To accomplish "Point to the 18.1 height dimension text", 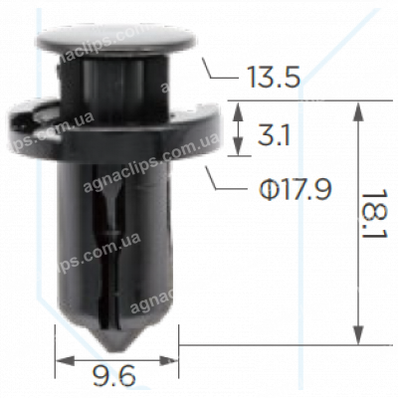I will (x=375, y=222).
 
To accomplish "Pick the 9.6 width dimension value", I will (x=117, y=376).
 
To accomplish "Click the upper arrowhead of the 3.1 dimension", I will (x=239, y=108).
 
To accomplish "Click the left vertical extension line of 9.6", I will (x=55, y=343).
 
